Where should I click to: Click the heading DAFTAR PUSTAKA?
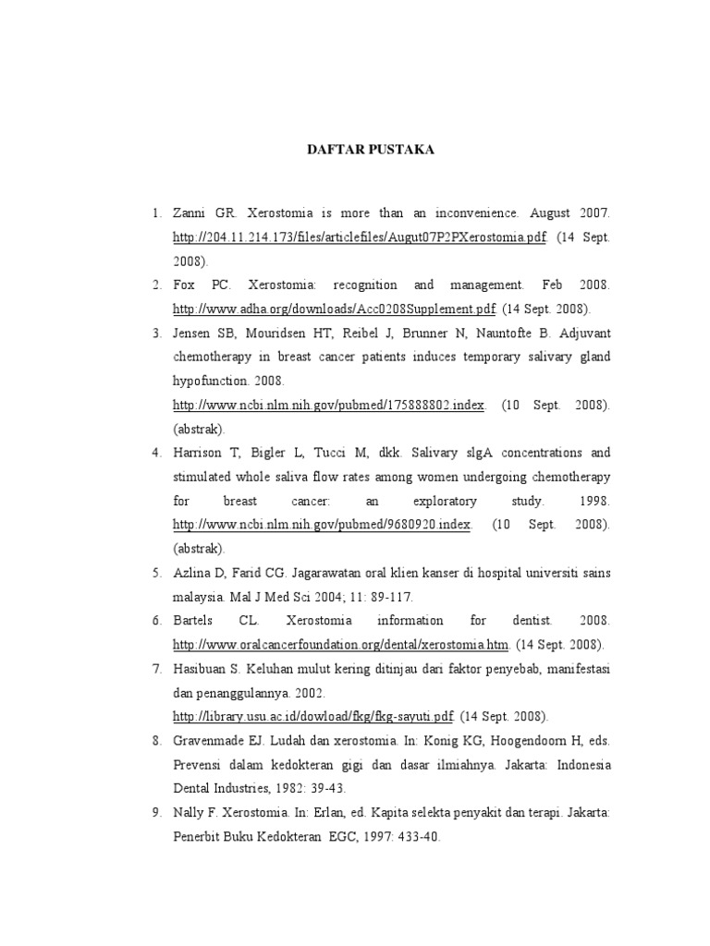[370, 150]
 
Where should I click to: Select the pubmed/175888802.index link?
[329, 405]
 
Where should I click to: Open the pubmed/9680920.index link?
[323, 525]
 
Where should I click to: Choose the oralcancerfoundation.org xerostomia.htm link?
[341, 644]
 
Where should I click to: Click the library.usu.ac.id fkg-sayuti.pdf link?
[313, 716]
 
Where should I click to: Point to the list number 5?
[156, 573]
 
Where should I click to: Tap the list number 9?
[156, 812]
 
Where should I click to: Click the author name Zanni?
[190, 213]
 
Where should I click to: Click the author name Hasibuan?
[201, 668]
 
